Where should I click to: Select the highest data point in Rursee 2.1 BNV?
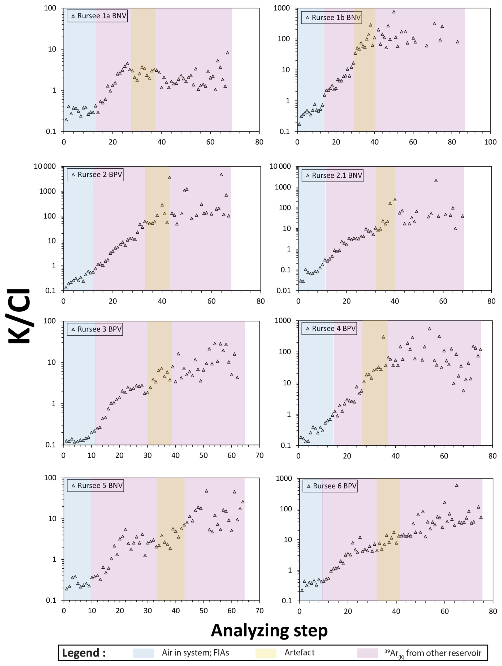(436, 181)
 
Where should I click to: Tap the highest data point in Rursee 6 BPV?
(457, 485)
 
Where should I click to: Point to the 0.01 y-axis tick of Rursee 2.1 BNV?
(284, 290)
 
